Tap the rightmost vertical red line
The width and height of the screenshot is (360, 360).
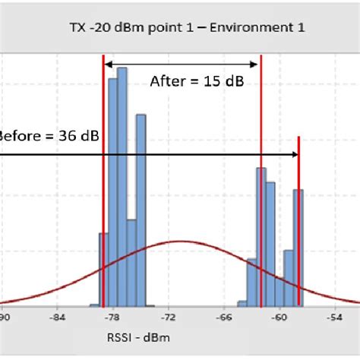[298, 220]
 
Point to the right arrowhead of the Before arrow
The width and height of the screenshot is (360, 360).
[294, 154]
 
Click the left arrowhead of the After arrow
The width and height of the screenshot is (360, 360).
[107, 65]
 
